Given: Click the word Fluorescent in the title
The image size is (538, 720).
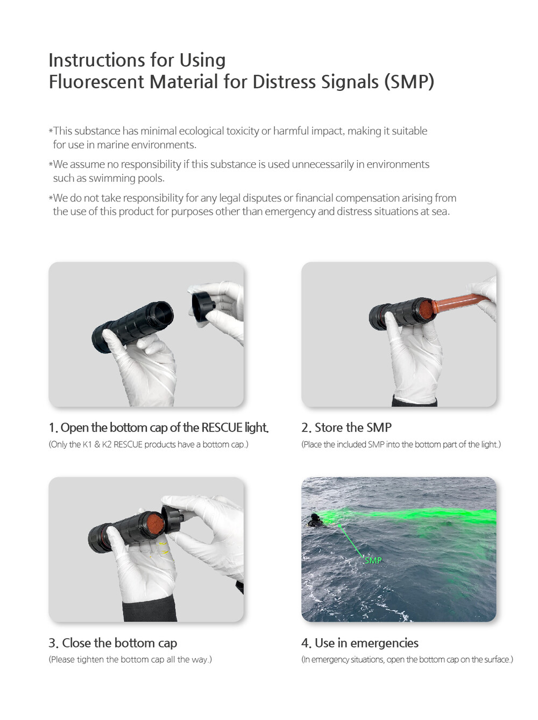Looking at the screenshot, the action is pos(96,81).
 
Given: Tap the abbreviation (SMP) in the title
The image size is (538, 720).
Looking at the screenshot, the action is pos(409,82).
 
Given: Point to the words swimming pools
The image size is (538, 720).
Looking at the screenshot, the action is pos(126,178).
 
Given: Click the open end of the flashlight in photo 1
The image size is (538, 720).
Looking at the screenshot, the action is pos(161,313).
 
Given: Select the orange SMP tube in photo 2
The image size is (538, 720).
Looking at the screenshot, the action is pos(460,304).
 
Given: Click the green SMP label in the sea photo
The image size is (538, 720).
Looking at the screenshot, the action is pos(373,560).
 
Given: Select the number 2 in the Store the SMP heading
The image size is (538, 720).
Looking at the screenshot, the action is pos(306,428).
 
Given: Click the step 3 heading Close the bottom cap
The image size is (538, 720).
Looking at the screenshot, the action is pos(112,643).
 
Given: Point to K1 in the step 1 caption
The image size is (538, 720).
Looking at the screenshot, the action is pos(87,444).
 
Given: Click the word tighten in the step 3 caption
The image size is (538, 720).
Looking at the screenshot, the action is pos(90,660).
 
